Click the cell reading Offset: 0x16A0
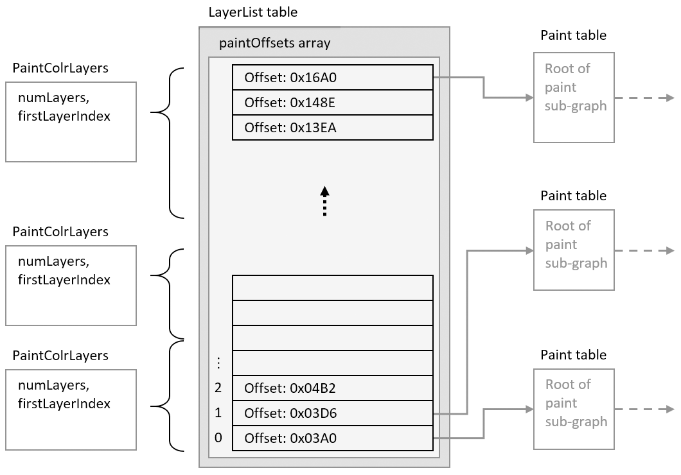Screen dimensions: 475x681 point(332,78)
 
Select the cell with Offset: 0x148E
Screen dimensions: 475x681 point(332,103)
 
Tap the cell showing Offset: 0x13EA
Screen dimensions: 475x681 point(332,127)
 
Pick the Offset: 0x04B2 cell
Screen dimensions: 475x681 point(332,388)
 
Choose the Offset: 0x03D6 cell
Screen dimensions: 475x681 point(332,413)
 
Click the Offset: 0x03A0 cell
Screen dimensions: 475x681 point(332,438)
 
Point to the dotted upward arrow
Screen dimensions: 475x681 point(324,202)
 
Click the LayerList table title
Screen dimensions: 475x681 point(253,12)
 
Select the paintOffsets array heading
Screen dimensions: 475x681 point(274,44)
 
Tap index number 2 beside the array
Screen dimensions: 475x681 point(218,388)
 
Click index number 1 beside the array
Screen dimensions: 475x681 point(218,413)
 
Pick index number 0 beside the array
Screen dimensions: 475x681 point(218,438)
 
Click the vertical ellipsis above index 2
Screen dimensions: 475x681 point(218,363)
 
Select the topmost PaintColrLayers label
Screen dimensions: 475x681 point(60,68)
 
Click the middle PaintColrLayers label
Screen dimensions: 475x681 point(60,231)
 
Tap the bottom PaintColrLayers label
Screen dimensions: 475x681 point(60,356)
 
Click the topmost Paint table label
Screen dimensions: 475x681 point(573,35)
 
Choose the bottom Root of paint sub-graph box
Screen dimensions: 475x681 point(574,409)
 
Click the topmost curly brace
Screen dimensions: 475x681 point(171,142)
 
